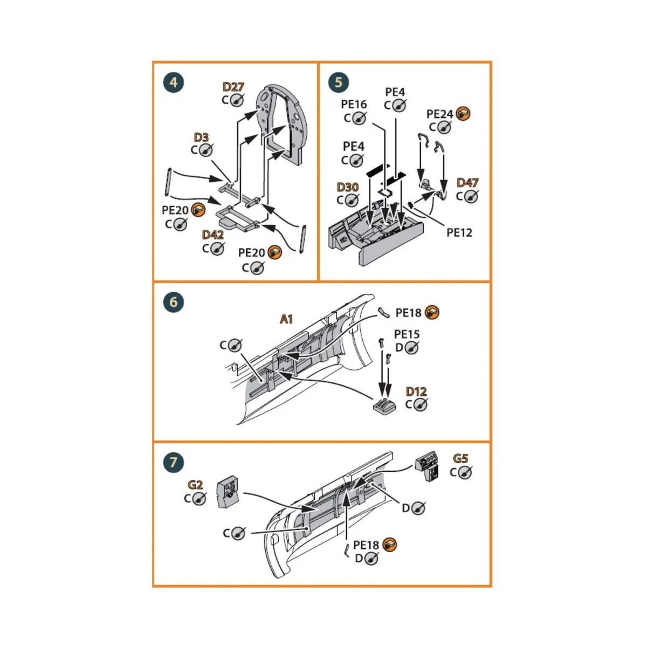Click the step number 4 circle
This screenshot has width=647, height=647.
coord(173,82)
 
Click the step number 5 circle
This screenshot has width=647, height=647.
coord(339,82)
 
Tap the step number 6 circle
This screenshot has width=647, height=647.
coord(173,302)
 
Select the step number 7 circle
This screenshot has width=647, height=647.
coord(173,462)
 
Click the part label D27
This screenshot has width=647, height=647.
coord(233,87)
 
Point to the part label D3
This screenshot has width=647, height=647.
coord(201,137)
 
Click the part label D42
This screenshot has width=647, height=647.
coord(212,235)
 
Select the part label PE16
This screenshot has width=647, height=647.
coord(354,104)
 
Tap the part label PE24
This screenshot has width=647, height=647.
coord(439,114)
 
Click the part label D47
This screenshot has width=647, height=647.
coord(467,183)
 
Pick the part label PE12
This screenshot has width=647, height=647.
coord(459,232)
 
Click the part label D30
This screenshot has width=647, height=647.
coord(347,187)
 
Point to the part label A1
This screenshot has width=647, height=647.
coord(286,319)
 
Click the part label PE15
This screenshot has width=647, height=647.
coord(407,334)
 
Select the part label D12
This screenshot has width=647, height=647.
coord(416,391)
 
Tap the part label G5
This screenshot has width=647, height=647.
coord(460,459)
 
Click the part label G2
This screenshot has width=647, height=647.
coord(195,485)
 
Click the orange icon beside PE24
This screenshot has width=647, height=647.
coord(463,114)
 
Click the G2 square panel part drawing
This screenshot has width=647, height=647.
coord(229,492)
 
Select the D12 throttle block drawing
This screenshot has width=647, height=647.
coord(383,406)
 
